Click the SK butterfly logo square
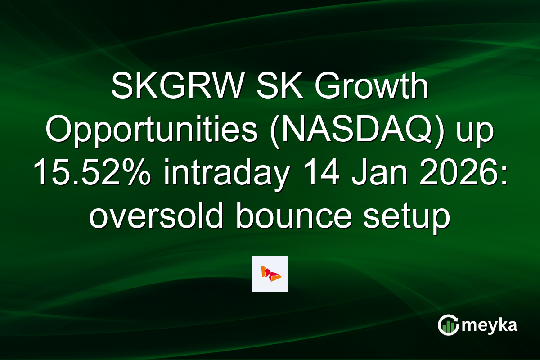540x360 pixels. click(270, 274)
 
